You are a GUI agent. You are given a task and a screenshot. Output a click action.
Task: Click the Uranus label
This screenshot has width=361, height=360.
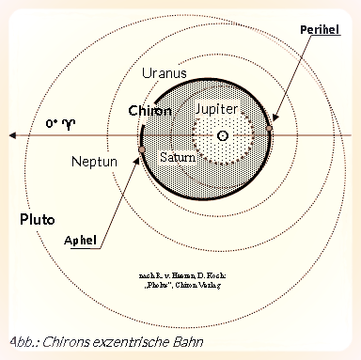pyautogui.click(x=163, y=71)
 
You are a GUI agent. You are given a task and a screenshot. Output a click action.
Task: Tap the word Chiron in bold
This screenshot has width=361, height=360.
pyautogui.click(x=149, y=111)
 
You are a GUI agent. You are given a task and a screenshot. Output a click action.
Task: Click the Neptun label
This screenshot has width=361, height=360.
pyautogui.click(x=94, y=162)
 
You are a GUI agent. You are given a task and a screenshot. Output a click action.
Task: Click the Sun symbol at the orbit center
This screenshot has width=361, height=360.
pyautogui.click(x=222, y=136)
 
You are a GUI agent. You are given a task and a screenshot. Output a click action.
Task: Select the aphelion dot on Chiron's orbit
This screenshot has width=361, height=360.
pyautogui.click(x=141, y=149)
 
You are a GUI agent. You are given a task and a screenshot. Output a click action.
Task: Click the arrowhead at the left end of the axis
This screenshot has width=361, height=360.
pyautogui.click(x=13, y=136)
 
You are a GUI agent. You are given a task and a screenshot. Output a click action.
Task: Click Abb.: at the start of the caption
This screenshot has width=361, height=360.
pyautogui.click(x=23, y=340)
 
